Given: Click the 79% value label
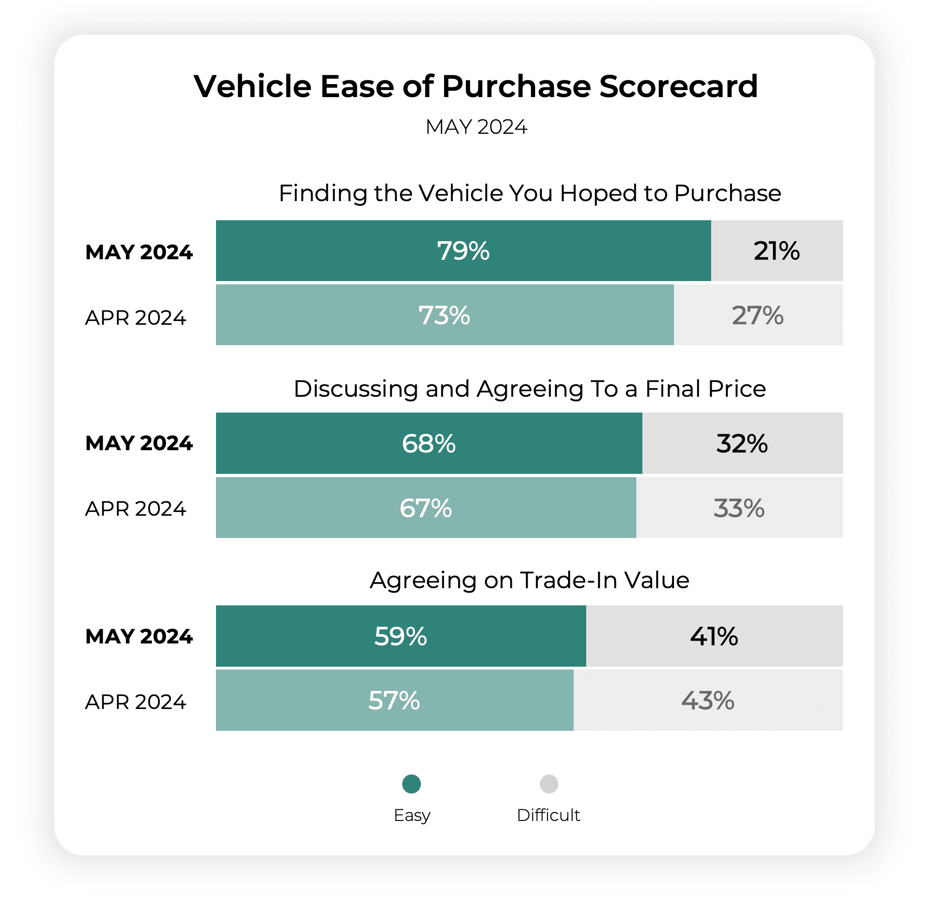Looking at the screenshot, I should click(463, 251).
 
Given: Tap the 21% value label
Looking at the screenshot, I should click(776, 251).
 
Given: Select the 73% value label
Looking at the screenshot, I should click(444, 315).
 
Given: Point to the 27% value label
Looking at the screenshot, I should click(758, 315).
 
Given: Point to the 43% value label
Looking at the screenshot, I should click(707, 700).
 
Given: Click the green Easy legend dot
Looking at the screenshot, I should click(412, 784).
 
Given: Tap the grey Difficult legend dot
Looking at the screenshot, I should click(549, 784).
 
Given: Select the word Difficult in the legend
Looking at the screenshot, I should click(549, 815).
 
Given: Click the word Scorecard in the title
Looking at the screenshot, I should click(678, 86).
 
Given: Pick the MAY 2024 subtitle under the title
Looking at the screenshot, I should click(476, 127).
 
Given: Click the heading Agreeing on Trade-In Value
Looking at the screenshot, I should click(529, 580).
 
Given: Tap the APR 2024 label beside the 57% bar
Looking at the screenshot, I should click(136, 702).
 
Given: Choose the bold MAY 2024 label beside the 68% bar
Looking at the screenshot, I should click(139, 443).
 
